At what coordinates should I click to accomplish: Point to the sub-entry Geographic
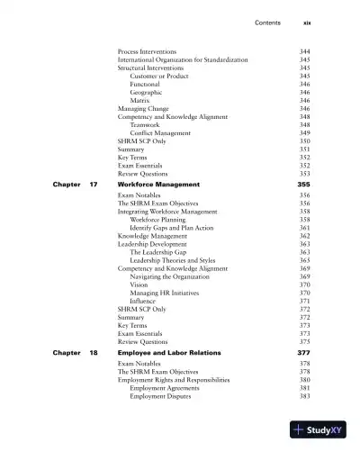pyautogui.click(x=147, y=92)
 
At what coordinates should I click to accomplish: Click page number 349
pyautogui.click(x=304, y=133)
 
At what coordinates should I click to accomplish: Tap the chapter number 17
pyautogui.click(x=94, y=184)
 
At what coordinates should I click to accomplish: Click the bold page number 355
pyautogui.click(x=303, y=184)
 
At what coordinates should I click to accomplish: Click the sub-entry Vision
pyautogui.click(x=139, y=285)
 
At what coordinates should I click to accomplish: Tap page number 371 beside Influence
pyautogui.click(x=304, y=301)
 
